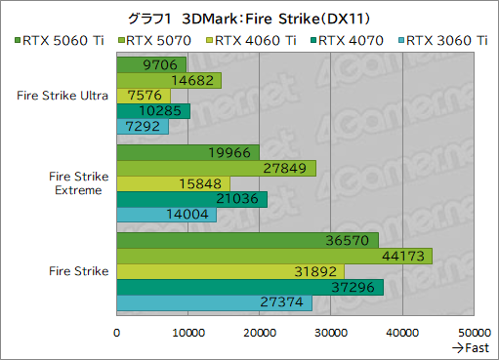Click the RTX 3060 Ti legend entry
pos(445,40)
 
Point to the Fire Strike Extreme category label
pos(74,182)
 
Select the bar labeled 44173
pos(274,256)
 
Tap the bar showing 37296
pos(250,287)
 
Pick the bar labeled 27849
pos(216,168)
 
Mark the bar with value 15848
pos(173,183)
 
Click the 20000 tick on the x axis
pos(260,333)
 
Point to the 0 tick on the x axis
pos(117,333)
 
